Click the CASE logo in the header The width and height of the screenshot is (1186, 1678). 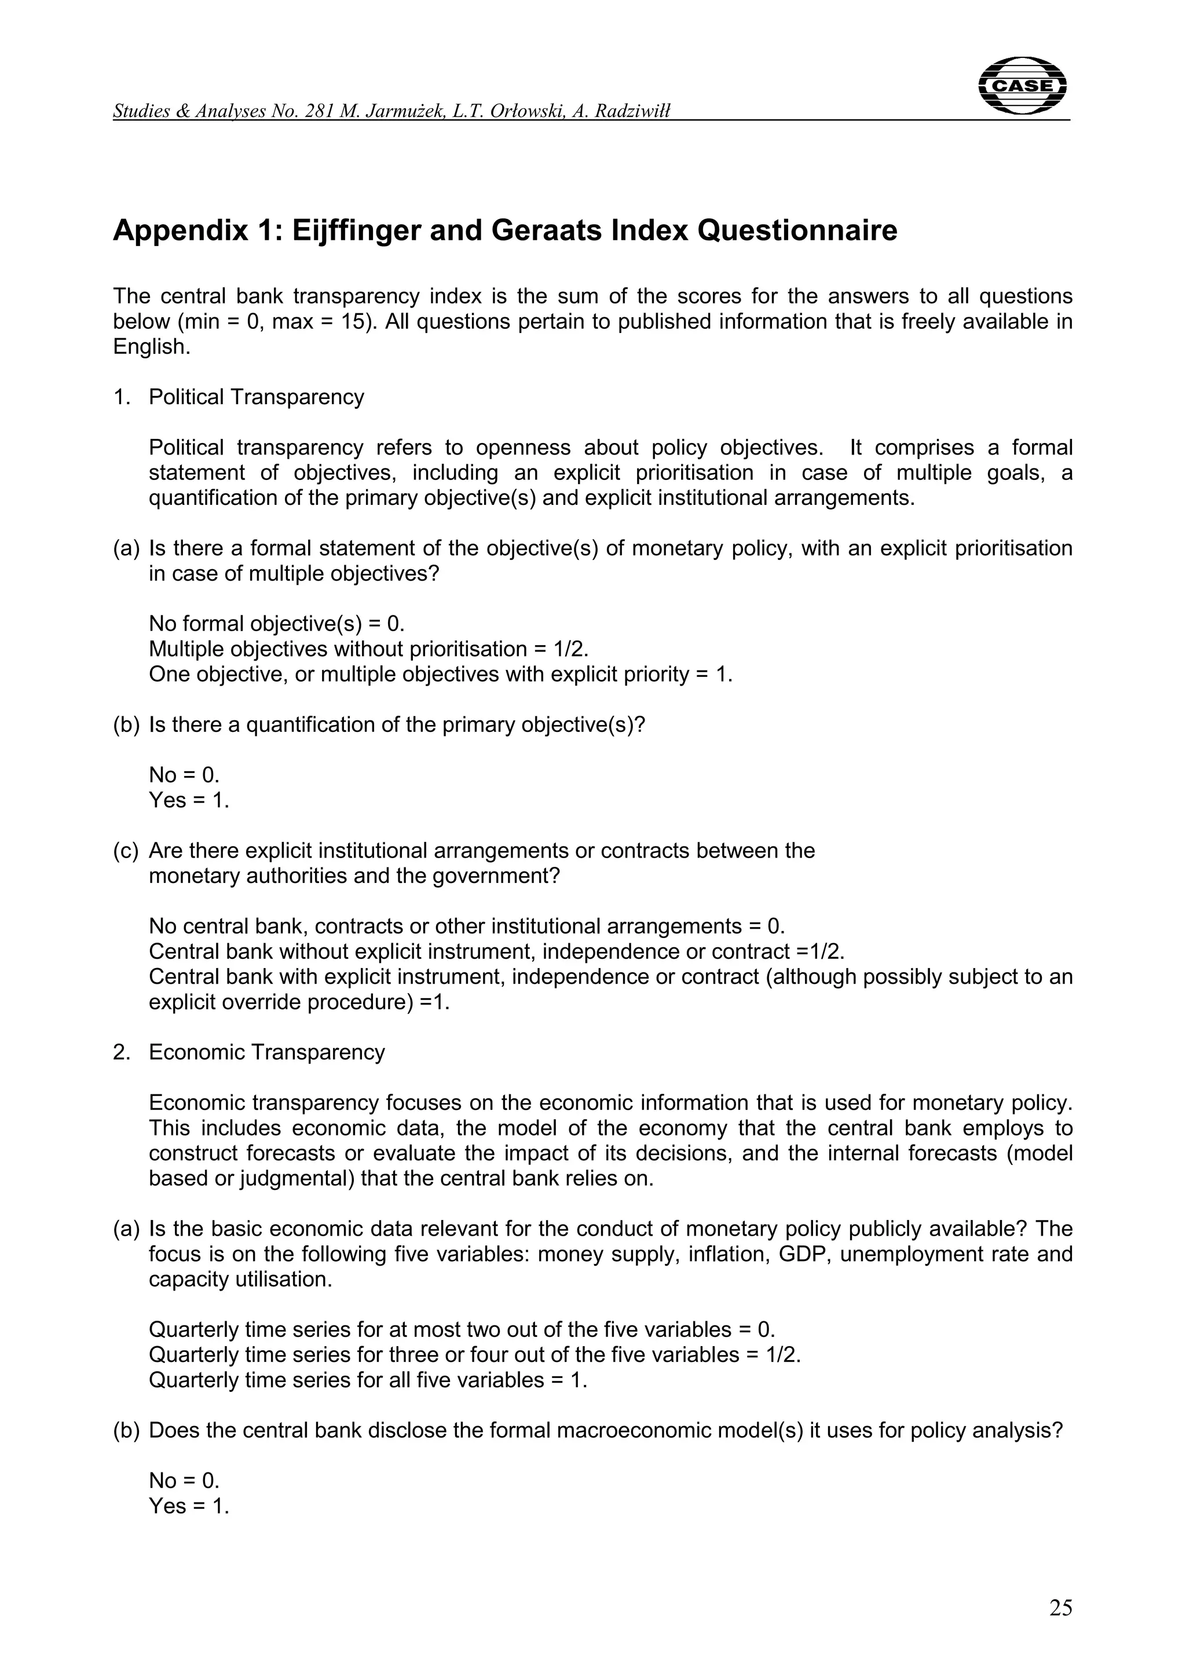pyautogui.click(x=1022, y=86)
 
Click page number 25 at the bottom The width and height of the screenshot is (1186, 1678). pyautogui.click(x=1060, y=1608)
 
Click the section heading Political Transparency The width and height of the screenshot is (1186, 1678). pyautogui.click(x=256, y=397)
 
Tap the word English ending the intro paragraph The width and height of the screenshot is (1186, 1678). pyautogui.click(x=151, y=347)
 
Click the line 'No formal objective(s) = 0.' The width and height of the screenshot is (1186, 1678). pyautogui.click(x=276, y=624)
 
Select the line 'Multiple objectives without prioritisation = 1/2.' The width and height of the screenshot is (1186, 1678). pyautogui.click(x=368, y=649)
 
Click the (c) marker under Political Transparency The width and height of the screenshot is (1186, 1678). pyautogui.click(x=126, y=851)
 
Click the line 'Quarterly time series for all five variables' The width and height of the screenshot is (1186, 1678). pyautogui.click(x=368, y=1380)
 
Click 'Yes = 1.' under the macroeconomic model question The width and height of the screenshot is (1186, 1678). pyautogui.click(x=189, y=1506)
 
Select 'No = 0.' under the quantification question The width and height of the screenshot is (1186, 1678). pyautogui.click(x=184, y=775)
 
